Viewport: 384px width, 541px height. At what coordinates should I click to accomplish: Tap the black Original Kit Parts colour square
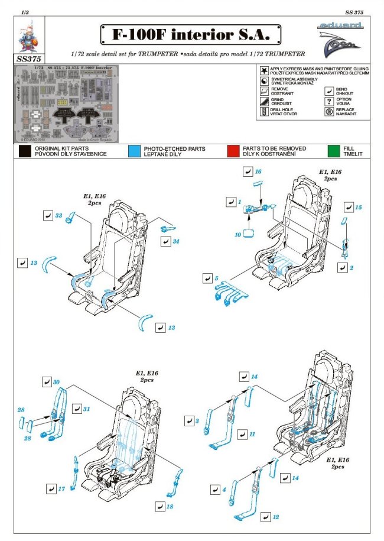pyautogui.click(x=25, y=151)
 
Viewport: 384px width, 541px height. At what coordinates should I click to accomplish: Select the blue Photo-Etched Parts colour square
pyautogui.click(x=134, y=151)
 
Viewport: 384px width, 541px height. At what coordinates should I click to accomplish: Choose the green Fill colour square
pyautogui.click(x=334, y=151)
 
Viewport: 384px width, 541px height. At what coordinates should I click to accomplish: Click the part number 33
pyautogui.click(x=58, y=216)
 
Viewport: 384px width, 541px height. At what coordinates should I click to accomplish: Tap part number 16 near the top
pyautogui.click(x=258, y=171)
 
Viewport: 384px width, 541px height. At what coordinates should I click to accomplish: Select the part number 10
pyautogui.click(x=237, y=235)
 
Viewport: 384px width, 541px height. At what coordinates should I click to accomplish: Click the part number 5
pyautogui.click(x=217, y=278)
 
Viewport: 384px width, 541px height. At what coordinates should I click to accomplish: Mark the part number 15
pyautogui.click(x=358, y=208)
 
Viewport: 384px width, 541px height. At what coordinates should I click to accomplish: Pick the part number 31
pyautogui.click(x=86, y=408)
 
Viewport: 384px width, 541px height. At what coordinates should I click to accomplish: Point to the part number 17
pyautogui.click(x=61, y=488)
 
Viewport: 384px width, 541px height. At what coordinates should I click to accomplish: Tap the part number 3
pyautogui.click(x=197, y=420)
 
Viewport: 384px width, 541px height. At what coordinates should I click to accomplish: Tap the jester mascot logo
pyautogui.click(x=28, y=37)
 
